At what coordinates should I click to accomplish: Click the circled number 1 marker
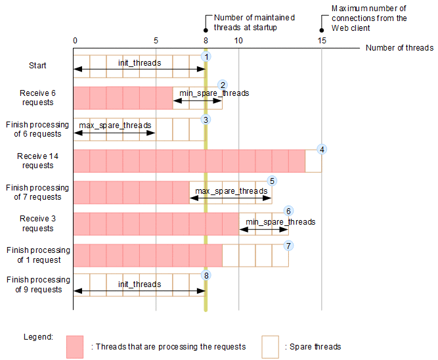[x=206, y=57]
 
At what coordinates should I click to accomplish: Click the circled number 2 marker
[x=223, y=85]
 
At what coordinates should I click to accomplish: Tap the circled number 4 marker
[x=322, y=149]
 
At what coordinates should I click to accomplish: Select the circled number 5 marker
[x=273, y=181]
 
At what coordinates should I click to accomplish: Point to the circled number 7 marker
[x=288, y=245]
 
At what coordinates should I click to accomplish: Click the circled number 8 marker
[x=206, y=275]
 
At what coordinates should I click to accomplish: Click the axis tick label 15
[x=322, y=40]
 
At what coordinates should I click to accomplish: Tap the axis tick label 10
[x=238, y=40]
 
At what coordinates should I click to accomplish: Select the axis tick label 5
[x=156, y=40]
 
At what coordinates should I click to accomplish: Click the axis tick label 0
[x=75, y=40]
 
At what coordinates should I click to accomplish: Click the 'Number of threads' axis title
[x=399, y=48]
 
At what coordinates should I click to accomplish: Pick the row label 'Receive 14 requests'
[x=37, y=160]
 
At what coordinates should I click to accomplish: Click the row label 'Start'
[x=37, y=65]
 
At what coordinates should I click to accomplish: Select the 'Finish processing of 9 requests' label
[x=37, y=284]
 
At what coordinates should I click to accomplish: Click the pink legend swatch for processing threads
[x=75, y=347]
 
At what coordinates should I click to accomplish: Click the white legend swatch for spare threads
[x=270, y=347]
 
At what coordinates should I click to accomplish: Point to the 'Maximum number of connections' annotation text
[x=369, y=18]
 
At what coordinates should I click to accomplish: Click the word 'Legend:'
[x=37, y=336]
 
